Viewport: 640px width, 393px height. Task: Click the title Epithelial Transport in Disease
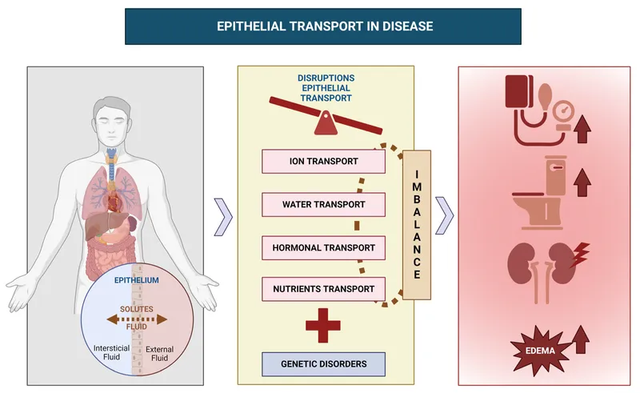coord(325,26)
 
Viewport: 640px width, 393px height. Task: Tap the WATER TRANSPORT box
coord(323,204)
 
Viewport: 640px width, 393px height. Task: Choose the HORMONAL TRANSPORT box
coord(323,247)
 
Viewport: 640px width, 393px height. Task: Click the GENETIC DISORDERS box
coord(323,363)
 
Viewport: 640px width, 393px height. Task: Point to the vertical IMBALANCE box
coord(416,224)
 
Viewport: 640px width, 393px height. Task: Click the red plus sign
coord(323,326)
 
